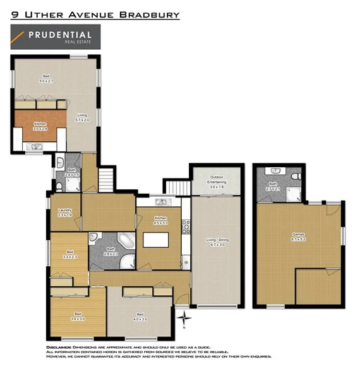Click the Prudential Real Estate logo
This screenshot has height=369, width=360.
(52, 37)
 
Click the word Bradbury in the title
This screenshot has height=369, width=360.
(154, 14)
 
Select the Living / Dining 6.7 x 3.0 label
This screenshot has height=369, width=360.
(216, 241)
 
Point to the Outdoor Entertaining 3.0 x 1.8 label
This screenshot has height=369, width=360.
(216, 183)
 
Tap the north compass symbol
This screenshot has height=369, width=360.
(183, 317)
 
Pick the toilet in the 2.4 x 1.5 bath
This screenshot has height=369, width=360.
(58, 185)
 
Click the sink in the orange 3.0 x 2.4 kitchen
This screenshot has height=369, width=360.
(35, 147)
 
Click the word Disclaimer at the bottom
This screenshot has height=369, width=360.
(62, 348)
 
